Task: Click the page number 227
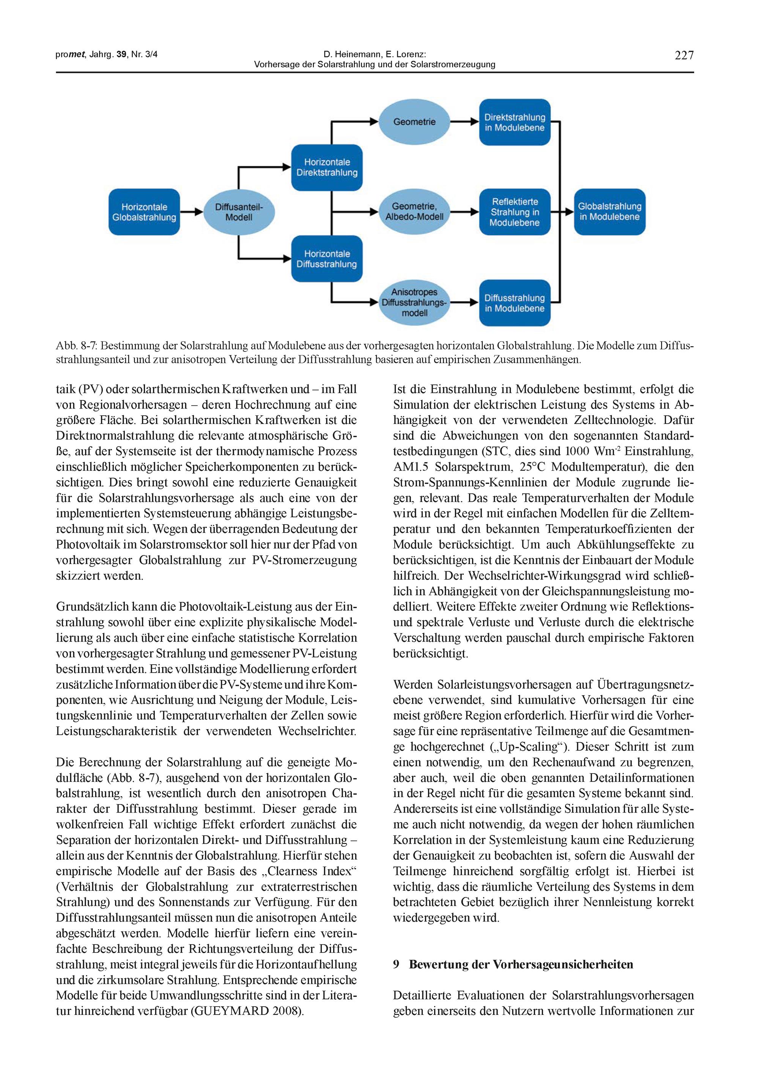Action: [x=684, y=56]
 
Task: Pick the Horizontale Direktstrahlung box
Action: [x=327, y=167]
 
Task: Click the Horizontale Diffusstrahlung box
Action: [x=327, y=259]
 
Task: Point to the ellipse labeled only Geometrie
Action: [x=414, y=122]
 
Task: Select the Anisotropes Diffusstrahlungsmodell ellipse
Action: [x=414, y=303]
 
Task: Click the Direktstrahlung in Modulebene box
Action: [x=515, y=123]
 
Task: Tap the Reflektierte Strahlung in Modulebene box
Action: [x=515, y=212]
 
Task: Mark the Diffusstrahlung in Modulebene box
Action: [x=515, y=303]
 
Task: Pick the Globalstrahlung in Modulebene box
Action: [x=609, y=212]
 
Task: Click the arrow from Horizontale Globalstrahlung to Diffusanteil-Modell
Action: [x=192, y=212]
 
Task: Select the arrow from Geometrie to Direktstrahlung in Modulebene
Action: [x=464, y=122]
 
